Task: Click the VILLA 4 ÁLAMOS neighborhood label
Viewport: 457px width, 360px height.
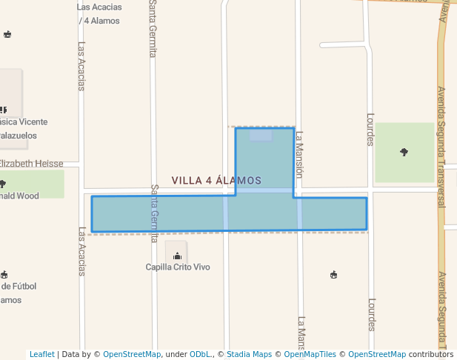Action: (216, 181)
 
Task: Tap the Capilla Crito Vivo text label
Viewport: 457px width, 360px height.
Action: (178, 267)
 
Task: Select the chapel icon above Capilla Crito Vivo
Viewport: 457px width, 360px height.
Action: (177, 256)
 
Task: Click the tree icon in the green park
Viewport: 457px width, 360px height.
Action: (404, 152)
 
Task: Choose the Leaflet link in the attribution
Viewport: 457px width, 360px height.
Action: (42, 354)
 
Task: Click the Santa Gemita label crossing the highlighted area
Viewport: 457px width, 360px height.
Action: (155, 213)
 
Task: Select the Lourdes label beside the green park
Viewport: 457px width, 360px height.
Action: (371, 130)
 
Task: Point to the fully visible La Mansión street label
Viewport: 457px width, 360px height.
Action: (300, 156)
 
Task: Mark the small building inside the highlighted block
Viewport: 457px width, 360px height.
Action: (261, 136)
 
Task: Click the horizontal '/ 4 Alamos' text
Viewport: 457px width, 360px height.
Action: (99, 21)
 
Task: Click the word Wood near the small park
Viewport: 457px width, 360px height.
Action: (27, 196)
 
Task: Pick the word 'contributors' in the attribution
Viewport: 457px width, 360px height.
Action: (431, 354)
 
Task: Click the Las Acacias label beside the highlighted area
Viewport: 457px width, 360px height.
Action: (81, 251)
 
